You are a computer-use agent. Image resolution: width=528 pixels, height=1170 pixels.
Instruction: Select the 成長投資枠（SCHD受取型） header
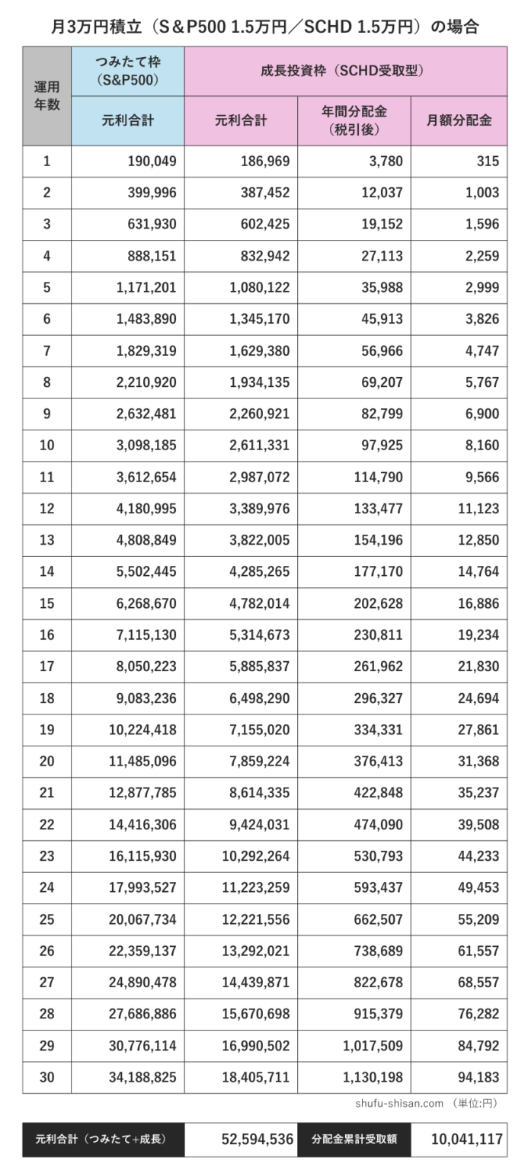pos(345,71)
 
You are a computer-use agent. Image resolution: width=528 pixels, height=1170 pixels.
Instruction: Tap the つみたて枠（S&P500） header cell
pos(128,71)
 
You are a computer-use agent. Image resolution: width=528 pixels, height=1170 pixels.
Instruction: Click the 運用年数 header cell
pos(46,96)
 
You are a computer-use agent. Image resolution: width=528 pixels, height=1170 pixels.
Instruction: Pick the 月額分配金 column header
pos(459,120)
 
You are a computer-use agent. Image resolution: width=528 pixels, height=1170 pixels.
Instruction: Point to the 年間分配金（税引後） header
pos(354,120)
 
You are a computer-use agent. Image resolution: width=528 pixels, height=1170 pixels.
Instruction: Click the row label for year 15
pos(46,603)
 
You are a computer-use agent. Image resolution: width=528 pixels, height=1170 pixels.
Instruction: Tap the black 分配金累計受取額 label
pos(354,1140)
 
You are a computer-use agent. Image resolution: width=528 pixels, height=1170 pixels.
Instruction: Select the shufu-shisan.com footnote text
pos(399,1103)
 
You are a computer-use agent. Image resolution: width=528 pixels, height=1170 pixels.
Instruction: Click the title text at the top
pos(264,27)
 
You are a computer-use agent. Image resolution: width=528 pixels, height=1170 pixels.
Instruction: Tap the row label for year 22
pos(46,824)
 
